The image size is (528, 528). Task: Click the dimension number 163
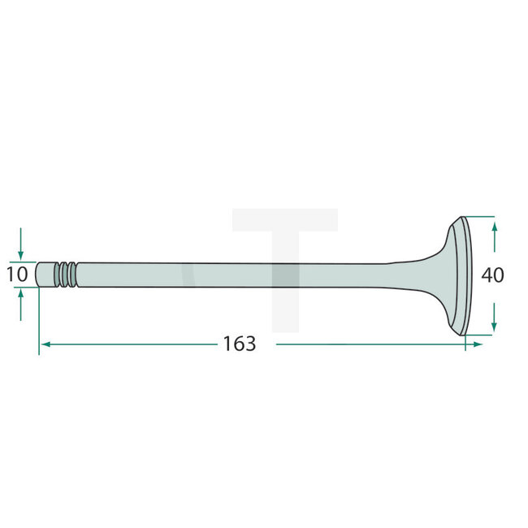coord(240,344)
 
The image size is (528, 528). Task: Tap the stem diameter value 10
coord(17,275)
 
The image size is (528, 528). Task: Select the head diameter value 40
coord(492,275)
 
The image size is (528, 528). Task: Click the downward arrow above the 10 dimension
coord(20,244)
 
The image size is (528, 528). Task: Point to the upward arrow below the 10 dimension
coord(20,305)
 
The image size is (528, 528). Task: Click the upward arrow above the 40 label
coord(494,237)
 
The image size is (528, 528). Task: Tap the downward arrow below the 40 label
coord(494,317)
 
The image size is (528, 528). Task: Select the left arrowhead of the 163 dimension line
coord(45,344)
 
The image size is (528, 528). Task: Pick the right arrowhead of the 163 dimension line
coord(478,344)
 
